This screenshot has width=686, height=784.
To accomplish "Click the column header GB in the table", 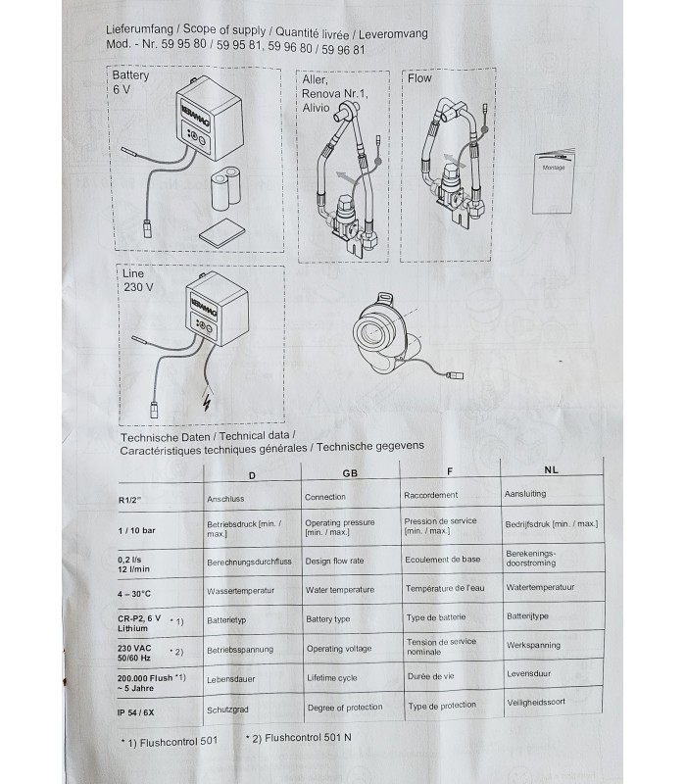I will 349,472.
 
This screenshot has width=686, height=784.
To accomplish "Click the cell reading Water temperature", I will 339,590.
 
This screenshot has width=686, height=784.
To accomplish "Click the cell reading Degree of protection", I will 344,708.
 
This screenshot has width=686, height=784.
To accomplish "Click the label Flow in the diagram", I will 418,78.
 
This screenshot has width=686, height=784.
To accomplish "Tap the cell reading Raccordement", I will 430,496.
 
